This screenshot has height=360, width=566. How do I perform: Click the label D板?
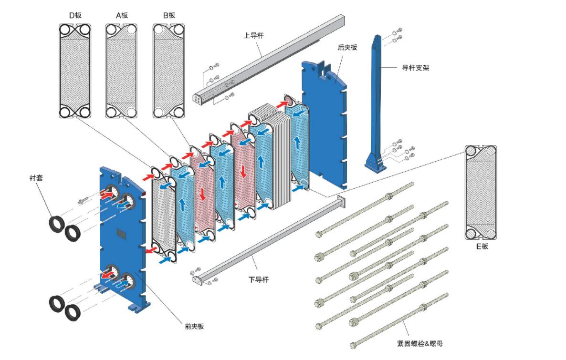[75, 15]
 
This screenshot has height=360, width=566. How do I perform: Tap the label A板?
[122, 15]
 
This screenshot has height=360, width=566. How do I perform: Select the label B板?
[169, 15]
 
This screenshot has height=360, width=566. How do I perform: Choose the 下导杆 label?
[258, 279]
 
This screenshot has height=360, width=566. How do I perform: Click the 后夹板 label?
[347, 48]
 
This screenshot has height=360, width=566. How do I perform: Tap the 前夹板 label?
[194, 326]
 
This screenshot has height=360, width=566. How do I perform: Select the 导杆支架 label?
[415, 68]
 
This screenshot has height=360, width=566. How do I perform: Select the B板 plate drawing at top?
[168, 71]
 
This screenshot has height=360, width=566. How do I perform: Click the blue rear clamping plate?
[325, 119]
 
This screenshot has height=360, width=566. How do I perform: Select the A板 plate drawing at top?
[122, 71]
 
